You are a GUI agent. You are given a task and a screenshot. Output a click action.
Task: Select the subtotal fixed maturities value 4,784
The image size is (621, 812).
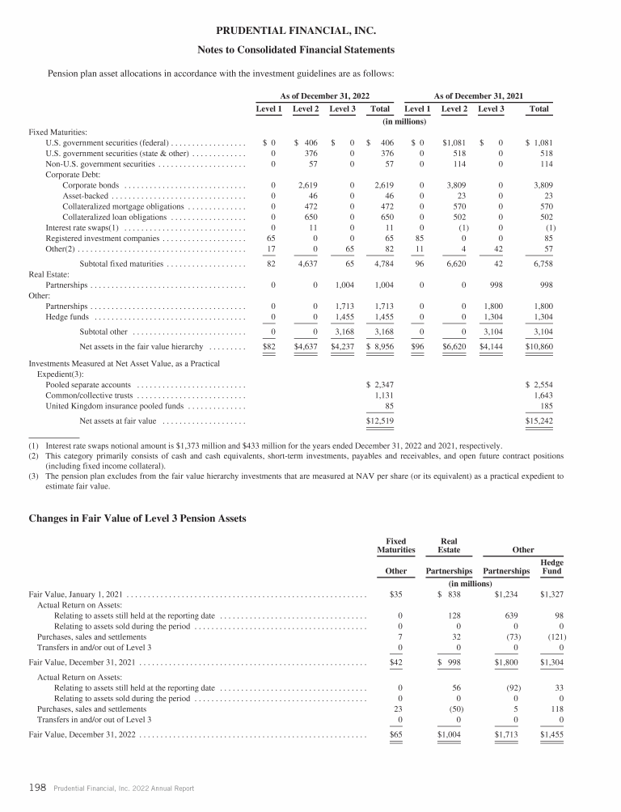coord(382,264)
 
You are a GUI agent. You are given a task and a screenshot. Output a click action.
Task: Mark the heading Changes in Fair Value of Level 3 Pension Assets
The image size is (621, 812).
coord(137,518)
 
